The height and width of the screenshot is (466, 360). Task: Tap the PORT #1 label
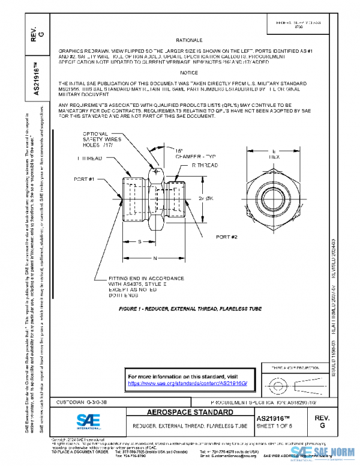[x=85, y=178]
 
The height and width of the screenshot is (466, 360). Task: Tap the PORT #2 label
[x=227, y=237]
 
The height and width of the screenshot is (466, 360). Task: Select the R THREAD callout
[x=205, y=163]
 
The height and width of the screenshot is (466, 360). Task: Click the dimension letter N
[x=155, y=258]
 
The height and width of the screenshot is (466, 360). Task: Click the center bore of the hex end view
[x=274, y=198]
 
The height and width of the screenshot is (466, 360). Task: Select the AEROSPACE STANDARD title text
[x=190, y=413]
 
